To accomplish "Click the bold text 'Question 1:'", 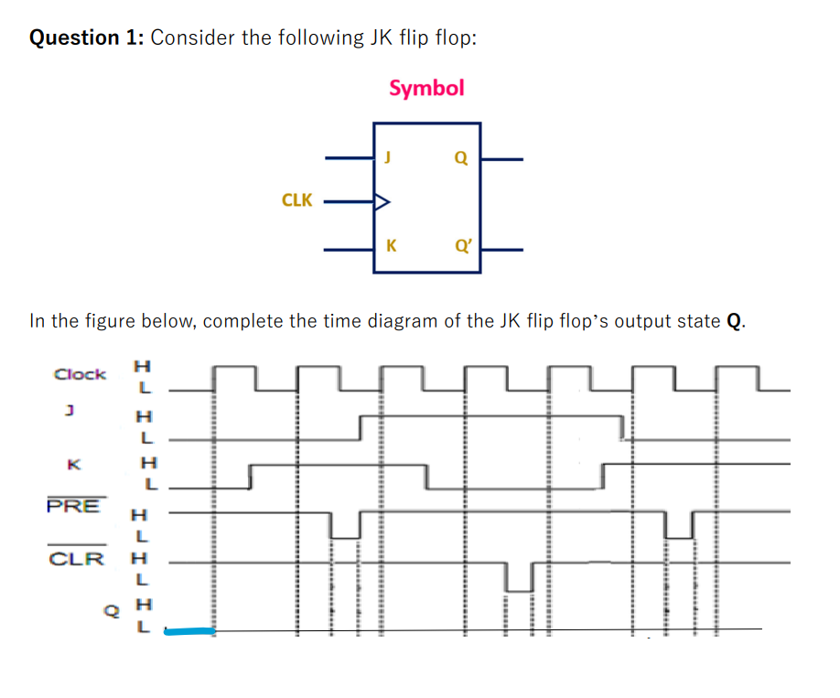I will [87, 38].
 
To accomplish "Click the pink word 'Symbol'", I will [426, 88].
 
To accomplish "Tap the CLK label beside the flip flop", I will [296, 199].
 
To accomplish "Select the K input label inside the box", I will [391, 245].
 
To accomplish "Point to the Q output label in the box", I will [460, 157].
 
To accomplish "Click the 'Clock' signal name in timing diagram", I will [80, 373].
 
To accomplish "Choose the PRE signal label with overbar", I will [73, 506].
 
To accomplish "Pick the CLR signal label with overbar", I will [76, 558].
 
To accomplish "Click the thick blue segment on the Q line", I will [189, 630].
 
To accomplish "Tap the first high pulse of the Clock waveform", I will [235, 370].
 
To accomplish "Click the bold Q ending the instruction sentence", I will [733, 320].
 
